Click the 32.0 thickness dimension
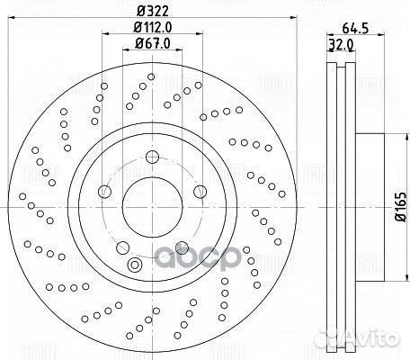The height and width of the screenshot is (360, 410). coord(339,45)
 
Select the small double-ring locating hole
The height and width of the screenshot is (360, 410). coord(136,264)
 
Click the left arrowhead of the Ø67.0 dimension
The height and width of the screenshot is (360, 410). coord(120,52)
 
